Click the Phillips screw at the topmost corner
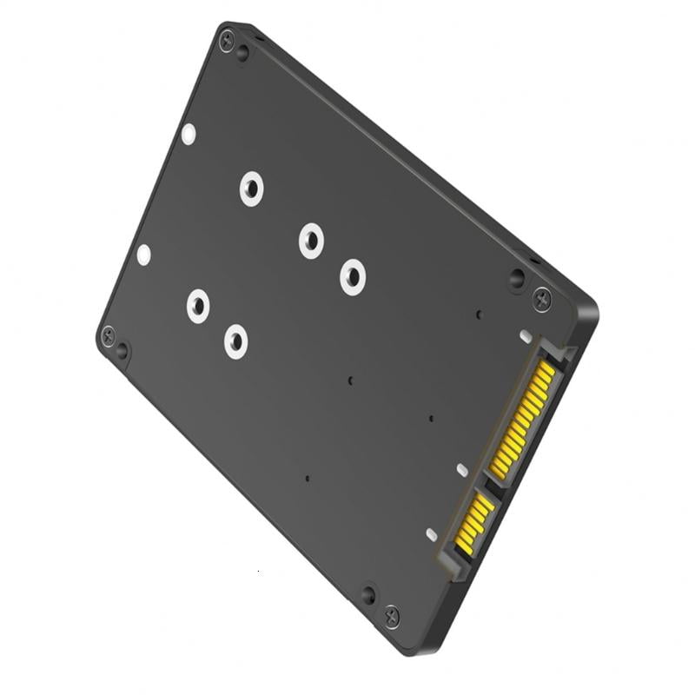tap(227, 40)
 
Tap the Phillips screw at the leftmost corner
tap(108, 334)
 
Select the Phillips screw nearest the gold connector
tap(542, 297)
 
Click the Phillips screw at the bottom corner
tap(392, 615)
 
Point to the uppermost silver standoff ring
tap(251, 188)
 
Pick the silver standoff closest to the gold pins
tap(352, 276)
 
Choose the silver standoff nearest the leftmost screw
tap(198, 306)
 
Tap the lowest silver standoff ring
tap(235, 341)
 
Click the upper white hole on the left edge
tap(189, 134)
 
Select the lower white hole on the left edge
tap(143, 255)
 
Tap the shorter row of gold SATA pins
tap(474, 521)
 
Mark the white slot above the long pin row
tap(525, 335)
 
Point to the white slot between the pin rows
tap(462, 470)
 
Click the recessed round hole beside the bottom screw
tap(368, 595)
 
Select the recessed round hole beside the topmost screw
tap(242, 53)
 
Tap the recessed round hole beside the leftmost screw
tap(122, 350)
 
